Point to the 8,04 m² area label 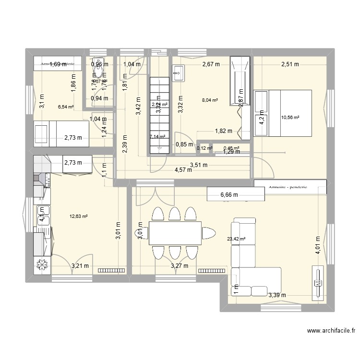tap(210, 101)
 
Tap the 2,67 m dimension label tap(211, 64)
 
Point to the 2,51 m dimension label tap(290, 64)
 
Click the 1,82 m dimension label tap(223, 131)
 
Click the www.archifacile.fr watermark tap(332, 330)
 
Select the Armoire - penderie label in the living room tap(290, 185)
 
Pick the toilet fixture tap(99, 72)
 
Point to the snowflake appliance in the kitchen tap(42, 265)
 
